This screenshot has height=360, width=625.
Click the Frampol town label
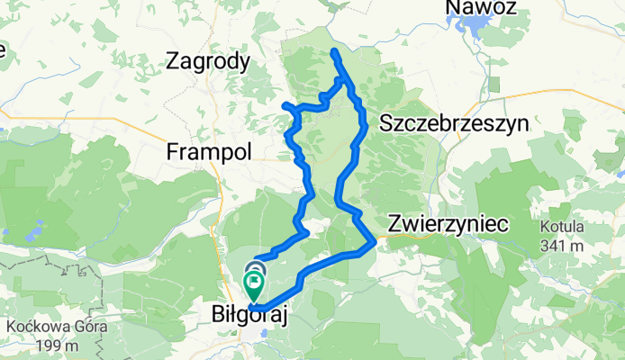click(x=208, y=153)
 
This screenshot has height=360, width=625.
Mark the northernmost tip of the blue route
click(x=334, y=51)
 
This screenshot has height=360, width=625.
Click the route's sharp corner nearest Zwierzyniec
click(x=375, y=242)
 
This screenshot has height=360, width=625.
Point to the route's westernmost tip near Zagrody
click(x=285, y=105)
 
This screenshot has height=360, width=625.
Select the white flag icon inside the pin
click(x=255, y=284)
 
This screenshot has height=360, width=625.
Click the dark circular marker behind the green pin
click(x=255, y=266)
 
